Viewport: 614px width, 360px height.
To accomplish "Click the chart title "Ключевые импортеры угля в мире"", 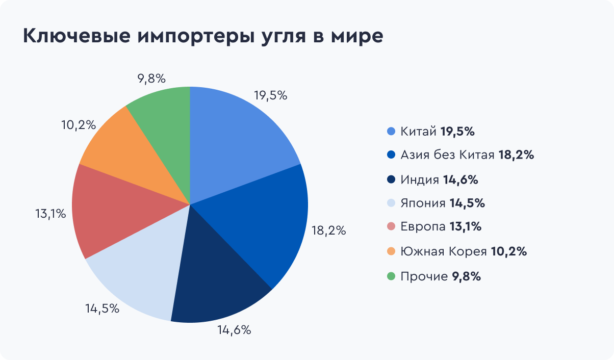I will click(202, 37).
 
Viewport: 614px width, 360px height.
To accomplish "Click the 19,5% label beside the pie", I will click(270, 95).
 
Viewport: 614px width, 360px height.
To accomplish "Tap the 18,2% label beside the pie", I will click(329, 230).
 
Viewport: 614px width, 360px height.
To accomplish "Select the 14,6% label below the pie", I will click(234, 330).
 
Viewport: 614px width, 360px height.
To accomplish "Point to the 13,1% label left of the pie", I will click(50, 214).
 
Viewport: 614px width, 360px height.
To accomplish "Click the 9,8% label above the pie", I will click(151, 79).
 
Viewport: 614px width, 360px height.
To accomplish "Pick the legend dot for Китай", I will click(392, 132).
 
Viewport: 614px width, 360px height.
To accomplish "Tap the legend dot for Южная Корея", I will click(392, 251).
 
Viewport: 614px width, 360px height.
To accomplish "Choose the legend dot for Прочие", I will click(392, 276).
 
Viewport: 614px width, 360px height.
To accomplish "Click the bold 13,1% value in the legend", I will click(466, 227).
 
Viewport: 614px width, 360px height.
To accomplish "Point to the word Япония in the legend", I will click(423, 203).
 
